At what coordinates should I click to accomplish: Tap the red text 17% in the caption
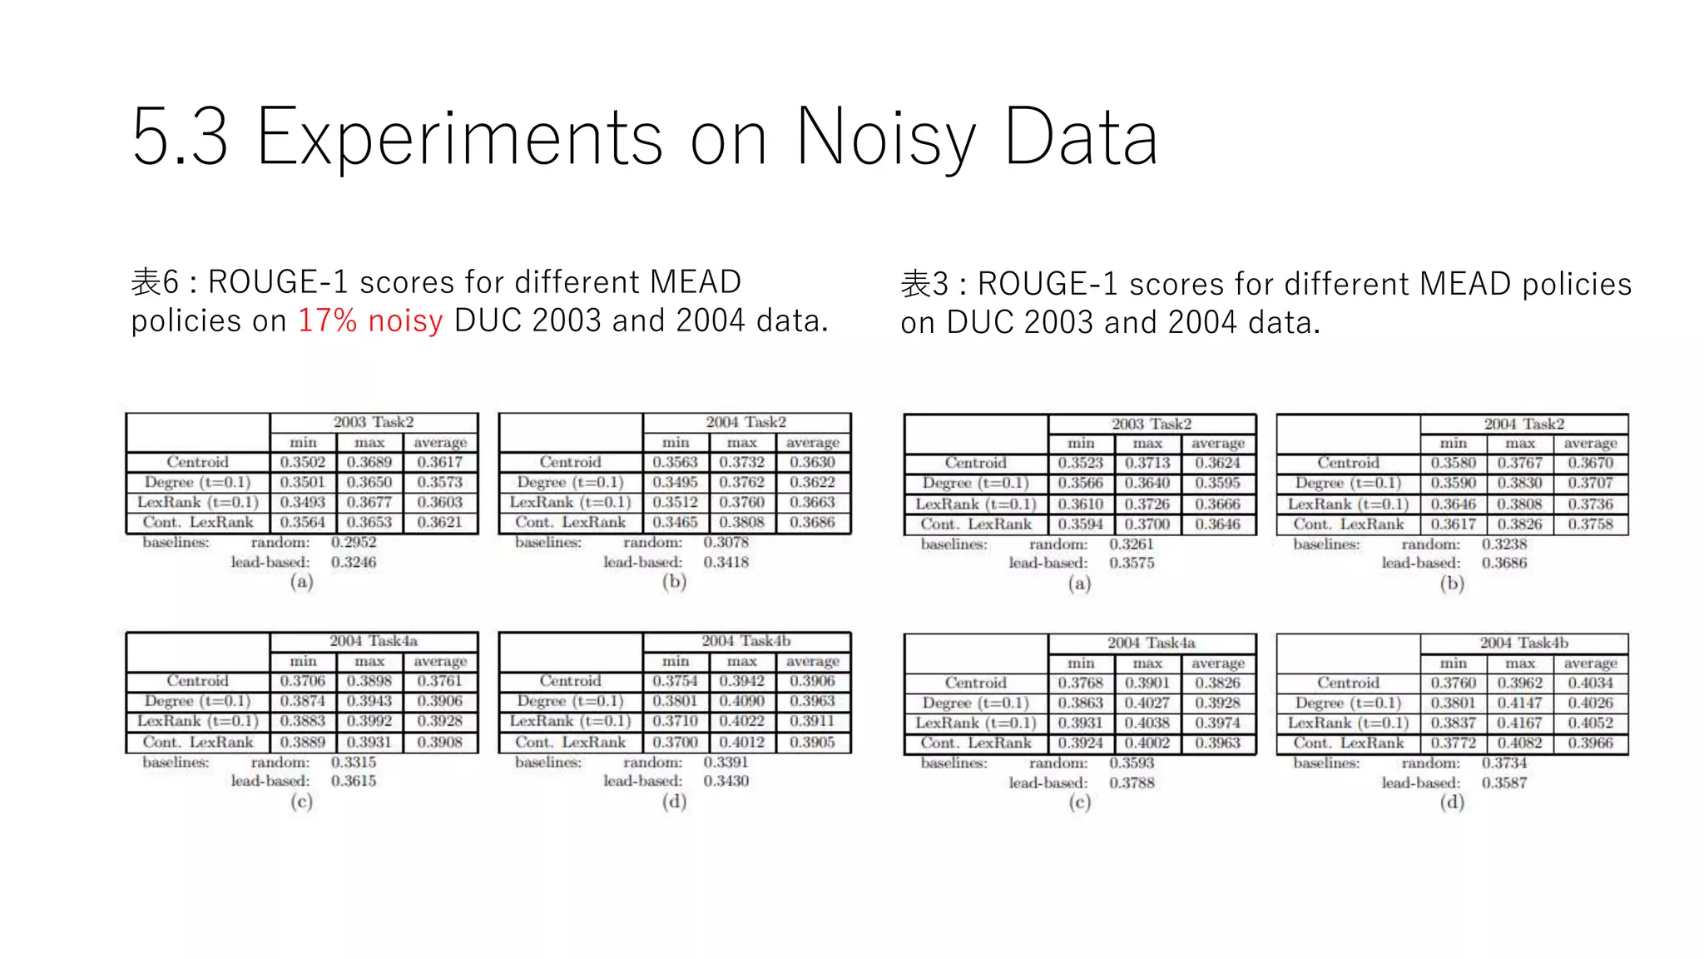pyautogui.click(x=327, y=320)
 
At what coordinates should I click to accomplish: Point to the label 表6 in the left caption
pyautogui.click(x=155, y=282)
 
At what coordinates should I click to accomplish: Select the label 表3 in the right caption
pyautogui.click(x=924, y=285)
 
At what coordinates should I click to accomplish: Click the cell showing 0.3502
pyautogui.click(x=303, y=462)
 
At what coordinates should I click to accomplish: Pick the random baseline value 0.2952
pyautogui.click(x=354, y=542)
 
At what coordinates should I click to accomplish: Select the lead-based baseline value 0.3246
pyautogui.click(x=354, y=562)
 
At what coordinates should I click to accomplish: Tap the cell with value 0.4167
pyautogui.click(x=1519, y=723)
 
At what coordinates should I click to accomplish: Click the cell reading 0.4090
pyautogui.click(x=741, y=701)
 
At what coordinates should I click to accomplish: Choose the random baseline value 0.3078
pyautogui.click(x=726, y=542)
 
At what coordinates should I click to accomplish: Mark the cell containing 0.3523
pyautogui.click(x=1081, y=463)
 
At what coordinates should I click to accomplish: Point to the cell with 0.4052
pyautogui.click(x=1590, y=723)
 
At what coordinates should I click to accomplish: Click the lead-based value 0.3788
pyautogui.click(x=1132, y=783)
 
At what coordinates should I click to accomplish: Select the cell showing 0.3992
pyautogui.click(x=369, y=721)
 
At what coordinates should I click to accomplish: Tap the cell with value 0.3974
pyautogui.click(x=1217, y=723)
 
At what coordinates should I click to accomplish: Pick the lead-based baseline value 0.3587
pyautogui.click(x=1503, y=783)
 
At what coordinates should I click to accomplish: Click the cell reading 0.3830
pyautogui.click(x=1519, y=483)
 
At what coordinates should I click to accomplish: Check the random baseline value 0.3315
pyautogui.click(x=354, y=762)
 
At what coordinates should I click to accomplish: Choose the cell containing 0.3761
pyautogui.click(x=439, y=681)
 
